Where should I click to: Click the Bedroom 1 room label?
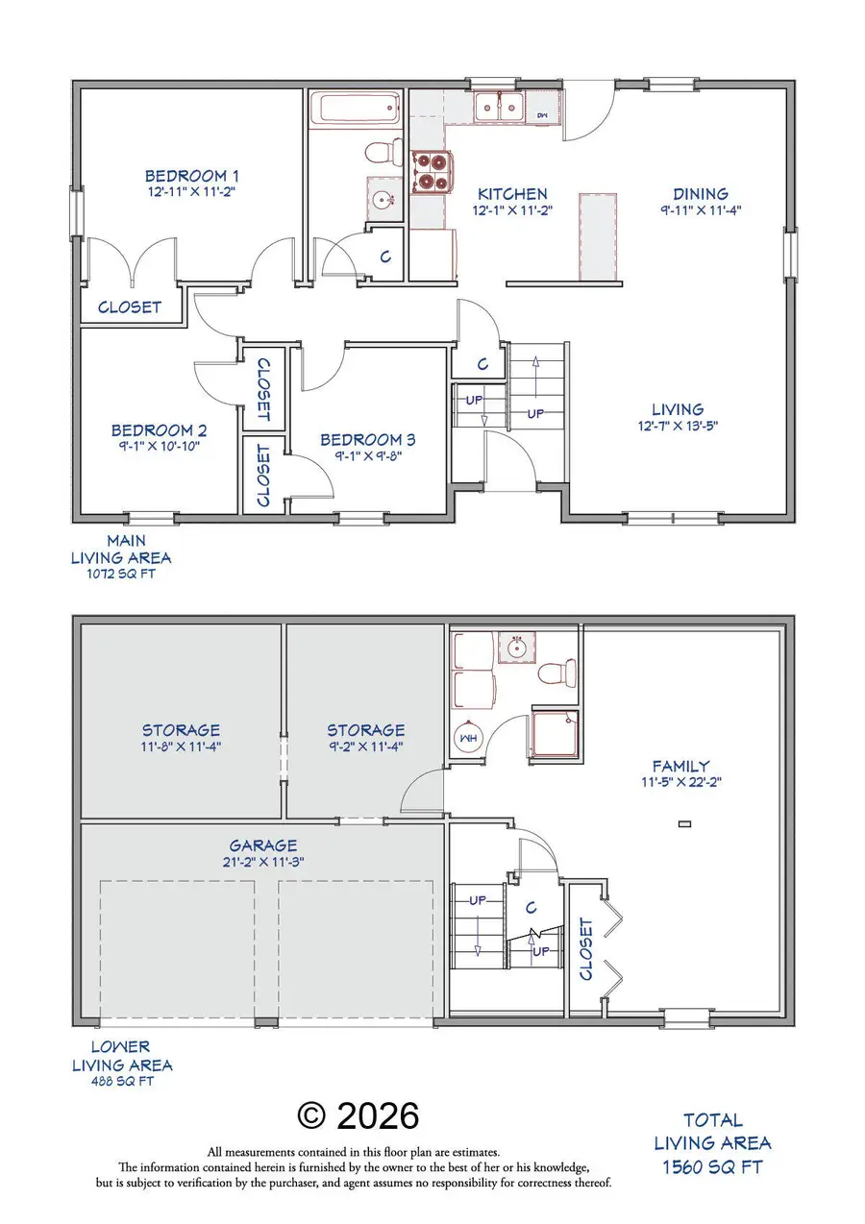[x=191, y=176]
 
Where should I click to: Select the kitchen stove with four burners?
[x=431, y=172]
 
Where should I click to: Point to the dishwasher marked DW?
[x=541, y=114]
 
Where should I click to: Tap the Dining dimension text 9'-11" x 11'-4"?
[x=700, y=209]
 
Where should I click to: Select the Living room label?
[x=677, y=409]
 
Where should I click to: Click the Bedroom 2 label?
[x=159, y=431]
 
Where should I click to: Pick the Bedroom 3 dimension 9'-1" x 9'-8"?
[x=367, y=456]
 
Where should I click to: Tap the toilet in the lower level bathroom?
[x=556, y=671]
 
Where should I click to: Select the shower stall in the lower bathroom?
[x=555, y=735]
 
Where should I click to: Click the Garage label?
[x=261, y=845]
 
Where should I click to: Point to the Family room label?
[x=680, y=766]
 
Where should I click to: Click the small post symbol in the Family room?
[x=684, y=822]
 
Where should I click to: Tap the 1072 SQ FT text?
[x=121, y=575]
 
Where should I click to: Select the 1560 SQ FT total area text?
[x=711, y=1166]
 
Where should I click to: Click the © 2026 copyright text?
[x=358, y=1116]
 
